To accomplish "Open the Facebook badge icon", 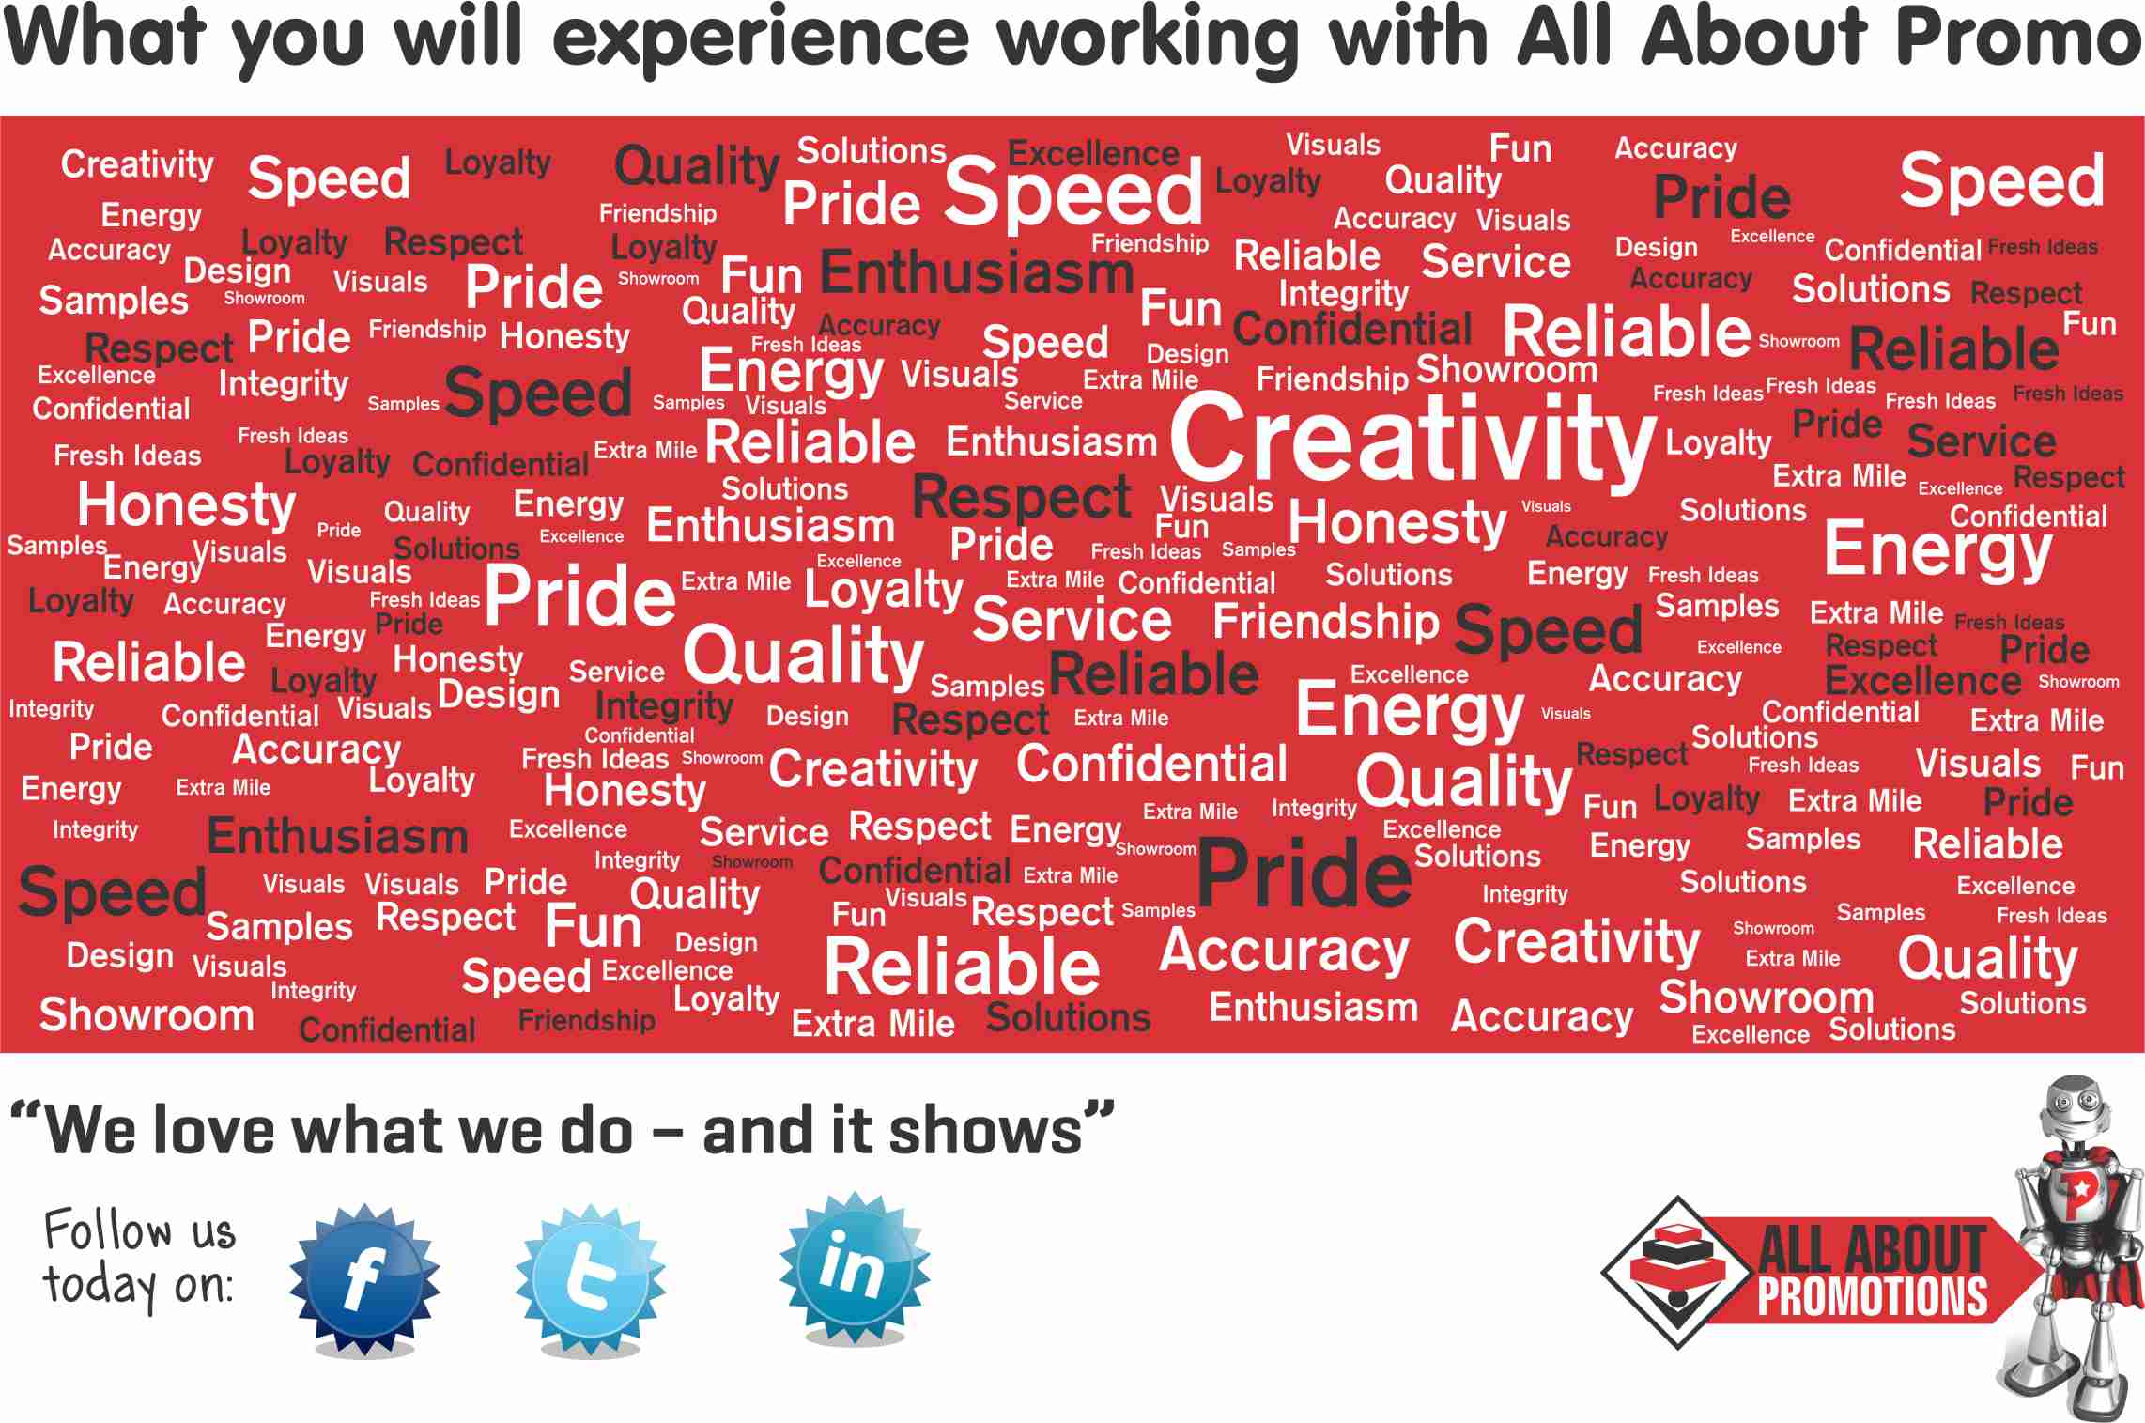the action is (364, 1278).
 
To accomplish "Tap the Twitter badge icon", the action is (590, 1278).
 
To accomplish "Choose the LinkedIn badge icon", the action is (854, 1268).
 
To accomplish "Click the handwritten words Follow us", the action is (140, 1230).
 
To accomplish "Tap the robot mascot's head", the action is (2076, 1113).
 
